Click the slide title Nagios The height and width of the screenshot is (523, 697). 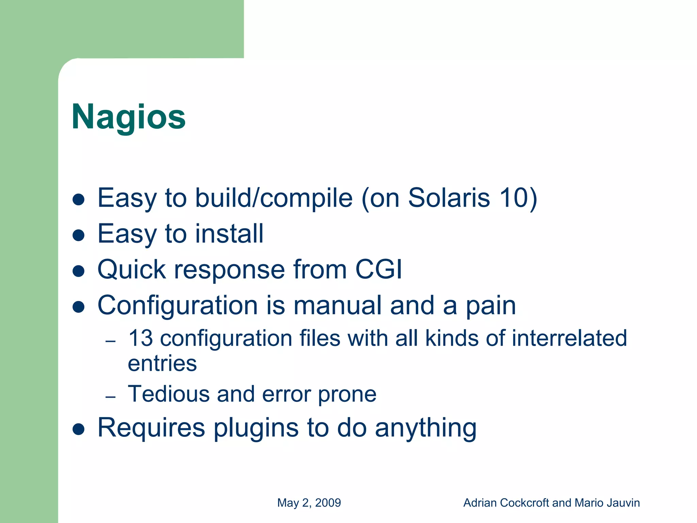click(129, 117)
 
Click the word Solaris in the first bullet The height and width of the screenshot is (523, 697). click(449, 198)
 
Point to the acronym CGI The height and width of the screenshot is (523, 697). click(378, 269)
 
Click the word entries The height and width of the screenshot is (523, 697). click(162, 363)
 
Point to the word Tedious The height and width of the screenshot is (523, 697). click(168, 394)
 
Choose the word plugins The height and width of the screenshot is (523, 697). click(256, 428)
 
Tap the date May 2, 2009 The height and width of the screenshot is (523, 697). click(309, 503)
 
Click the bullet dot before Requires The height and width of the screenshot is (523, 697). click(79, 429)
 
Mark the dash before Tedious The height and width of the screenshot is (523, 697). click(111, 397)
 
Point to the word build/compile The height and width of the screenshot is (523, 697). click(274, 199)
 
